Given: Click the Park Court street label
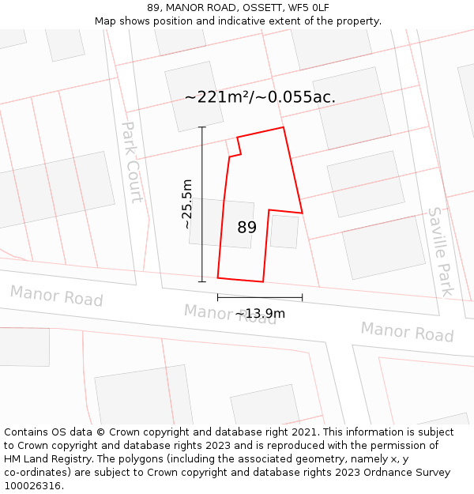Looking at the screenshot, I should tap(132, 161).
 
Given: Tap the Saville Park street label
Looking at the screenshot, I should tap(441, 251).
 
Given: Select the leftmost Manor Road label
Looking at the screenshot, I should tap(56, 296).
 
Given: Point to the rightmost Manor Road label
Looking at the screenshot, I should tap(407, 331).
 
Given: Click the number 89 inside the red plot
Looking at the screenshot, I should tap(247, 228).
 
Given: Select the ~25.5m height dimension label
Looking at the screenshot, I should tap(186, 204).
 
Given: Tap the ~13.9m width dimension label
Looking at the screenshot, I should tap(260, 314).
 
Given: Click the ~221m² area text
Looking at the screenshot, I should tap(216, 97).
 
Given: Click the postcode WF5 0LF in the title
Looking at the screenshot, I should tap(308, 8).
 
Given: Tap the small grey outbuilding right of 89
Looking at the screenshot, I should tap(284, 232).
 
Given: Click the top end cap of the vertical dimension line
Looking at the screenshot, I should tap(201, 127).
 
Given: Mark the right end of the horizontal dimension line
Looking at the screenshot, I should tap(302, 298).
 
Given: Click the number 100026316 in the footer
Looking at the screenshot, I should tap(32, 485).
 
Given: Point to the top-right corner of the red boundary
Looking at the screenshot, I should tap(283, 127).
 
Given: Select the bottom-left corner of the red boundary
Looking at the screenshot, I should tap(218, 277).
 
